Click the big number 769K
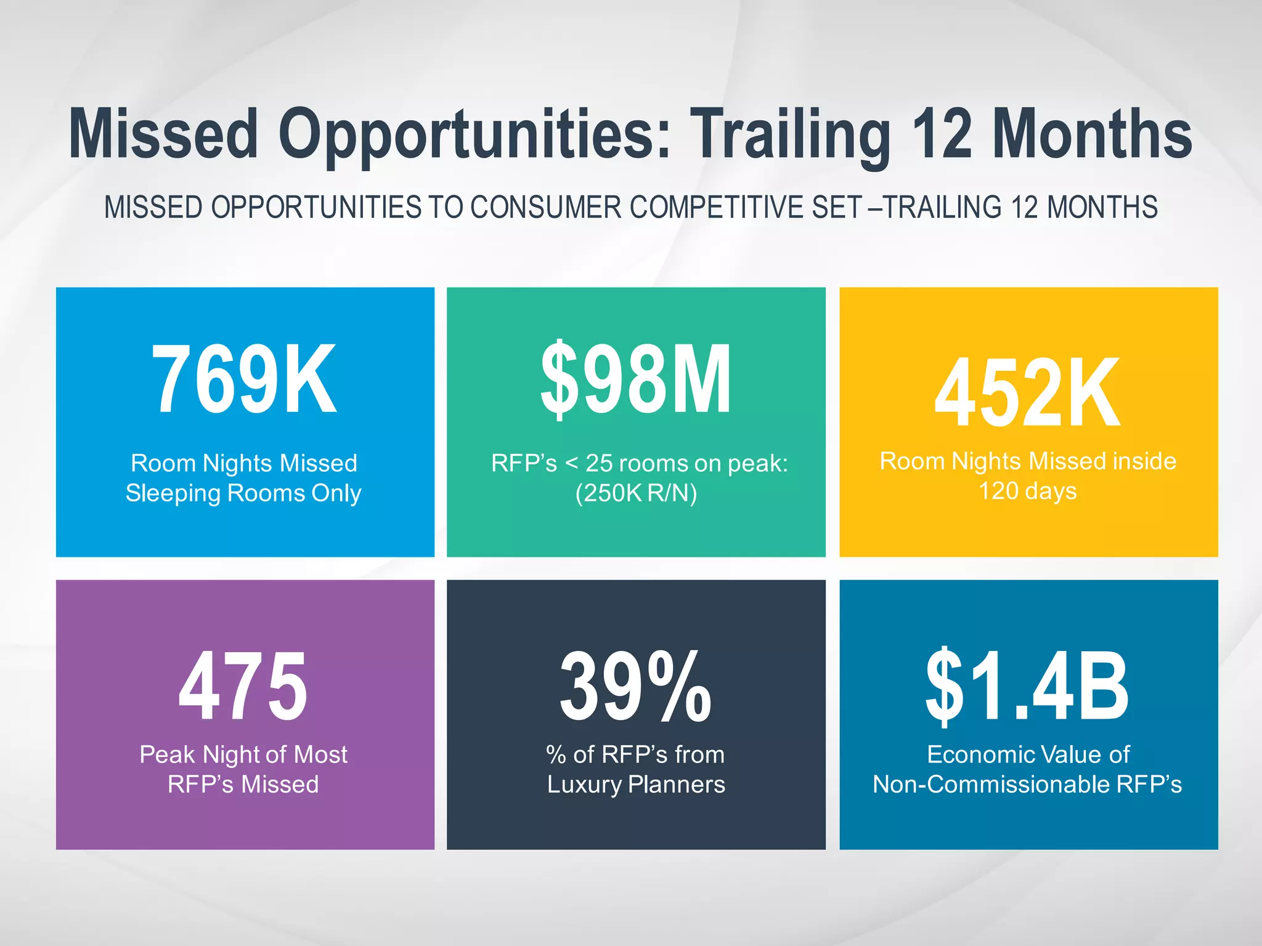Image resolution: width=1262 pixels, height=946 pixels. pyautogui.click(x=244, y=379)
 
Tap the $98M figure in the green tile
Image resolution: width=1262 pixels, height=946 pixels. pyautogui.click(x=636, y=379)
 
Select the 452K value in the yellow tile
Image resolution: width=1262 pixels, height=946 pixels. pyautogui.click(x=1027, y=393)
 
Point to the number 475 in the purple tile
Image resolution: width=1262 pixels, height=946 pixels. pyautogui.click(x=243, y=687)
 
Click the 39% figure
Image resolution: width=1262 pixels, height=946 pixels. pyautogui.click(x=635, y=687)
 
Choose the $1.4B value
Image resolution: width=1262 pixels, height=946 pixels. pyautogui.click(x=1027, y=687)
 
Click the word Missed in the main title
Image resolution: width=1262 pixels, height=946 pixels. pyautogui.click(x=163, y=134)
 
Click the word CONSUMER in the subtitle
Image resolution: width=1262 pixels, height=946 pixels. pyautogui.click(x=546, y=207)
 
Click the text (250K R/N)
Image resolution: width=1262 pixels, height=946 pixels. pyautogui.click(x=636, y=493)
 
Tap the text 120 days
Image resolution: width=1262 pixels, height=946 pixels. pyautogui.click(x=1027, y=491)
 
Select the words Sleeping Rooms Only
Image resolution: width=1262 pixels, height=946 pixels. pyautogui.click(x=243, y=493)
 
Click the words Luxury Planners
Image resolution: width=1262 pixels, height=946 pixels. pyautogui.click(x=636, y=785)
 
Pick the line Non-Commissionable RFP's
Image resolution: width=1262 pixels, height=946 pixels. pyautogui.click(x=1027, y=785)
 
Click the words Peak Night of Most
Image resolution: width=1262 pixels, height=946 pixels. pyautogui.click(x=243, y=754)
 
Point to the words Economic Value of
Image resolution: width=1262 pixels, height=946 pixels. pyautogui.click(x=1028, y=754)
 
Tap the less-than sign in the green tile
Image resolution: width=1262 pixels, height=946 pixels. pyautogui.click(x=571, y=463)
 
